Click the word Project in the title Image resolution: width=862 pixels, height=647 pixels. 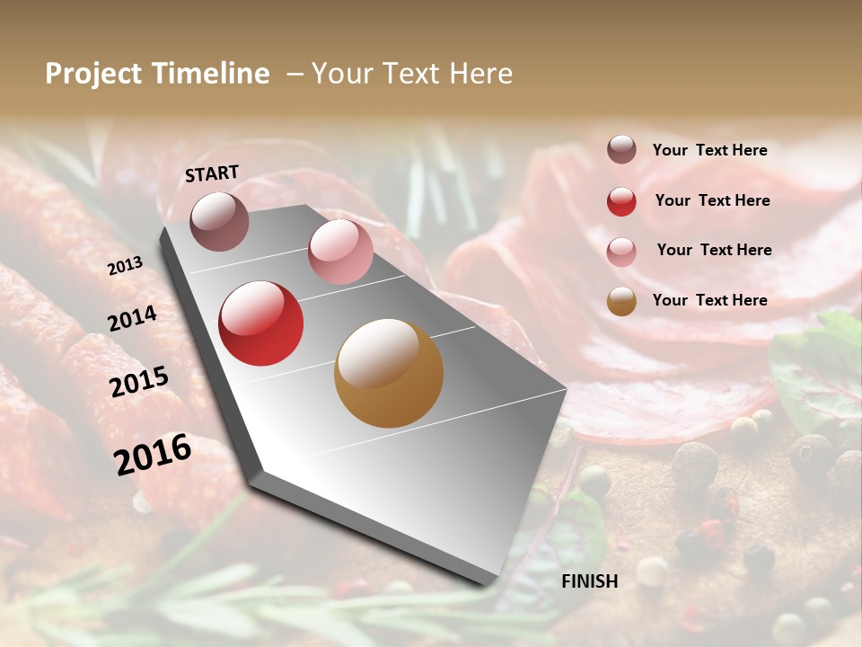click(x=94, y=74)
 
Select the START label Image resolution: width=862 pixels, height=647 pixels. click(x=212, y=173)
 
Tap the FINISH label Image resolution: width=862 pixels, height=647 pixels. click(x=590, y=581)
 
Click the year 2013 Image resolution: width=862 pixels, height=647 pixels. click(x=125, y=266)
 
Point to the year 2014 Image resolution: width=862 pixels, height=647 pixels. click(x=132, y=319)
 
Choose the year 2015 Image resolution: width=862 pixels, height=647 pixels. click(x=139, y=382)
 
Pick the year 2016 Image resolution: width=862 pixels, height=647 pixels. click(x=153, y=455)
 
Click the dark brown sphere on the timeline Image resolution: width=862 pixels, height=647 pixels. click(x=219, y=221)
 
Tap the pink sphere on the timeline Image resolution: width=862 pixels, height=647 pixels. click(x=340, y=252)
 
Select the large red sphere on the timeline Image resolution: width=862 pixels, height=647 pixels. click(x=261, y=323)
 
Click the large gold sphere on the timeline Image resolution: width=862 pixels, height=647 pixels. click(x=389, y=373)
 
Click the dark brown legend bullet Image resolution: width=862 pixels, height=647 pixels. click(x=621, y=149)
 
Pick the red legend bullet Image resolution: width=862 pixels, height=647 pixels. click(x=621, y=201)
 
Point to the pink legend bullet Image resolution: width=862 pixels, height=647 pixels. click(x=621, y=252)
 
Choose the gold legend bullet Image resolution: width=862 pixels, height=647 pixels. click(x=621, y=301)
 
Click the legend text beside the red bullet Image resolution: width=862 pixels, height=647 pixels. click(x=713, y=200)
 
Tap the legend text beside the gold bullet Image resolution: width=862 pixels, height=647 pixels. click(x=710, y=300)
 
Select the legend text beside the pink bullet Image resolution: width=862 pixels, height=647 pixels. click(x=715, y=250)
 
